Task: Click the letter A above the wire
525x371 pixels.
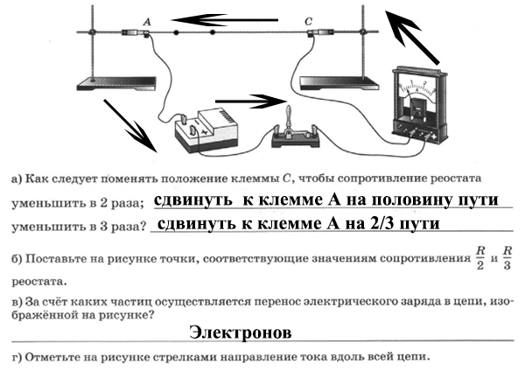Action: point(147,22)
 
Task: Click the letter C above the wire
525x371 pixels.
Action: point(308,21)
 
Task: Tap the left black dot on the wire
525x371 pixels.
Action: point(176,32)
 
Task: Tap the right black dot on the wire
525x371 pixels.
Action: point(213,32)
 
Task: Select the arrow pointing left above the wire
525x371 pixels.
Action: point(225,20)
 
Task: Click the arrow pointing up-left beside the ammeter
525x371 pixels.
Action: point(412,37)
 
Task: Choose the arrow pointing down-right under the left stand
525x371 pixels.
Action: point(130,126)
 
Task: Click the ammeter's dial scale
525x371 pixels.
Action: point(416,87)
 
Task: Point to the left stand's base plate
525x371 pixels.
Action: point(116,83)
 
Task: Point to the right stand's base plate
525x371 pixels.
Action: point(339,83)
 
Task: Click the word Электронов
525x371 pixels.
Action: point(240,332)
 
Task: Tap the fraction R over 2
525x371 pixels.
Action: point(480,258)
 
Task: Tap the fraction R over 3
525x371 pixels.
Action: point(507,258)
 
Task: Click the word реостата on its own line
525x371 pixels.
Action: point(39,281)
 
